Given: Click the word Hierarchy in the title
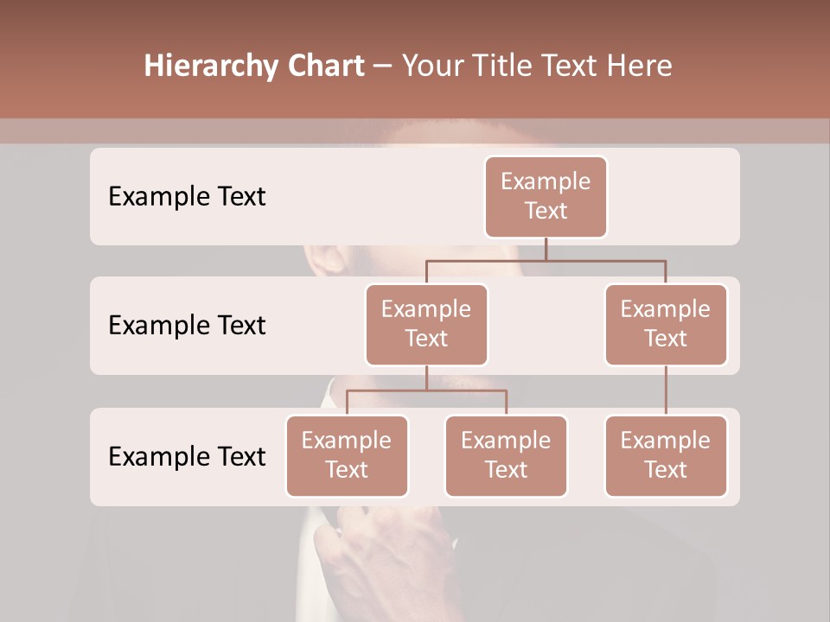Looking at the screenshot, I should pyautogui.click(x=201, y=67).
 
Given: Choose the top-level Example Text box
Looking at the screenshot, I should pyautogui.click(x=546, y=196).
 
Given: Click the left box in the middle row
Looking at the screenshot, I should pyautogui.click(x=426, y=324).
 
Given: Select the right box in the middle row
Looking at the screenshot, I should pyautogui.click(x=666, y=324).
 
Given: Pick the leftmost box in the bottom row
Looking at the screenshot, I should pyautogui.click(x=347, y=455).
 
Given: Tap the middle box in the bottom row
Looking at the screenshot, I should pyautogui.click(x=506, y=455).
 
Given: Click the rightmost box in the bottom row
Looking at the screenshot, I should pyautogui.click(x=666, y=455).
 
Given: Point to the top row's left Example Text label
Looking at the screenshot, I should pyautogui.click(x=187, y=197).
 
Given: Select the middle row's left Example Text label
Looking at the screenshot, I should pyautogui.click(x=187, y=326).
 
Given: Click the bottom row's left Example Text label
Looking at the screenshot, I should pyautogui.click(x=187, y=457).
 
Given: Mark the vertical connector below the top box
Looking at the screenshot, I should pyautogui.click(x=546, y=249).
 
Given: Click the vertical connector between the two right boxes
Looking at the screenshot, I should pyautogui.click(x=666, y=390).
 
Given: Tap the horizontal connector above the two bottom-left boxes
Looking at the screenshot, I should pyautogui.click(x=426, y=390).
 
